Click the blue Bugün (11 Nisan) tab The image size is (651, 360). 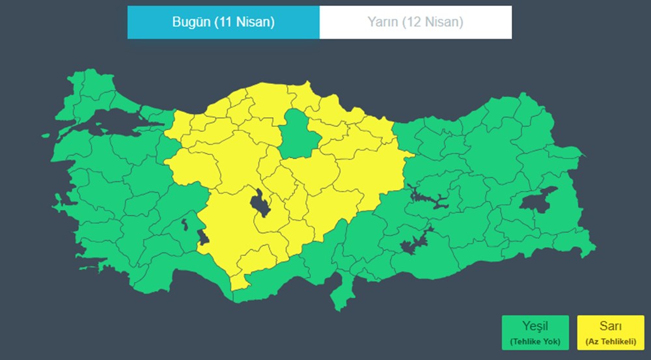[223, 22]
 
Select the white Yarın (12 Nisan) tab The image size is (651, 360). [415, 22]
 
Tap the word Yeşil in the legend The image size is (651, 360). [535, 326]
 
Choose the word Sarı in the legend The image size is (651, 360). [610, 326]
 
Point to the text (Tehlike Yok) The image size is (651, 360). [535, 340]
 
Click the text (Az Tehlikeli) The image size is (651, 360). [610, 340]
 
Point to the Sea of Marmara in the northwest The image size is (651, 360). [114, 121]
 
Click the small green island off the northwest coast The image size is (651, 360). [46, 135]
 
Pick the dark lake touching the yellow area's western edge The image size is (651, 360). [203, 238]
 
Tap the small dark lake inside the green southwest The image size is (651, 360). [184, 225]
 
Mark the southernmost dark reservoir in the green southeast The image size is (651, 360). [414, 242]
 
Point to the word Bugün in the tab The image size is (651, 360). [189, 22]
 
